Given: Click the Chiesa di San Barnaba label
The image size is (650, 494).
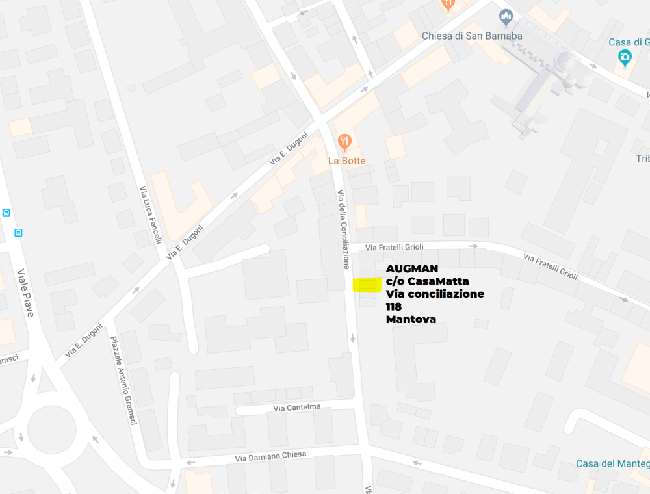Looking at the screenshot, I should pyautogui.click(x=472, y=36).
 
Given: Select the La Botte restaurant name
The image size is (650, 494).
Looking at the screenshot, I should pyautogui.click(x=346, y=161).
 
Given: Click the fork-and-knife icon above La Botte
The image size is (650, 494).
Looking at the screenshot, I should pyautogui.click(x=345, y=141).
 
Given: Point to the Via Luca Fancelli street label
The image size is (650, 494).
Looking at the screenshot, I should pyautogui.click(x=150, y=215).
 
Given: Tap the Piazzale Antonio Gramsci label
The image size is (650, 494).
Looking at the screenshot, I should pyautogui.click(x=123, y=381).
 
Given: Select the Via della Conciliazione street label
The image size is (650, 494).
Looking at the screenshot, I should pyautogui.click(x=343, y=229).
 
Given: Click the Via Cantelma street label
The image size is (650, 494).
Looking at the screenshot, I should pyautogui.click(x=297, y=408).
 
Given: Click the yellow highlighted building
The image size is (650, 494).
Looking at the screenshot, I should pyautogui.click(x=367, y=285).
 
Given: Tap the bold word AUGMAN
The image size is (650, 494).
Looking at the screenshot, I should pyautogui.click(x=412, y=268).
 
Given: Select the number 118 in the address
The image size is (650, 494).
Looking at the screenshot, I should pyautogui.click(x=394, y=306).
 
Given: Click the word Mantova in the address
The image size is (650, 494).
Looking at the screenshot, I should pyautogui.click(x=411, y=319).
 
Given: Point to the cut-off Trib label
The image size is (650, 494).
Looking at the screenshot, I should pyautogui.click(x=642, y=159).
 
